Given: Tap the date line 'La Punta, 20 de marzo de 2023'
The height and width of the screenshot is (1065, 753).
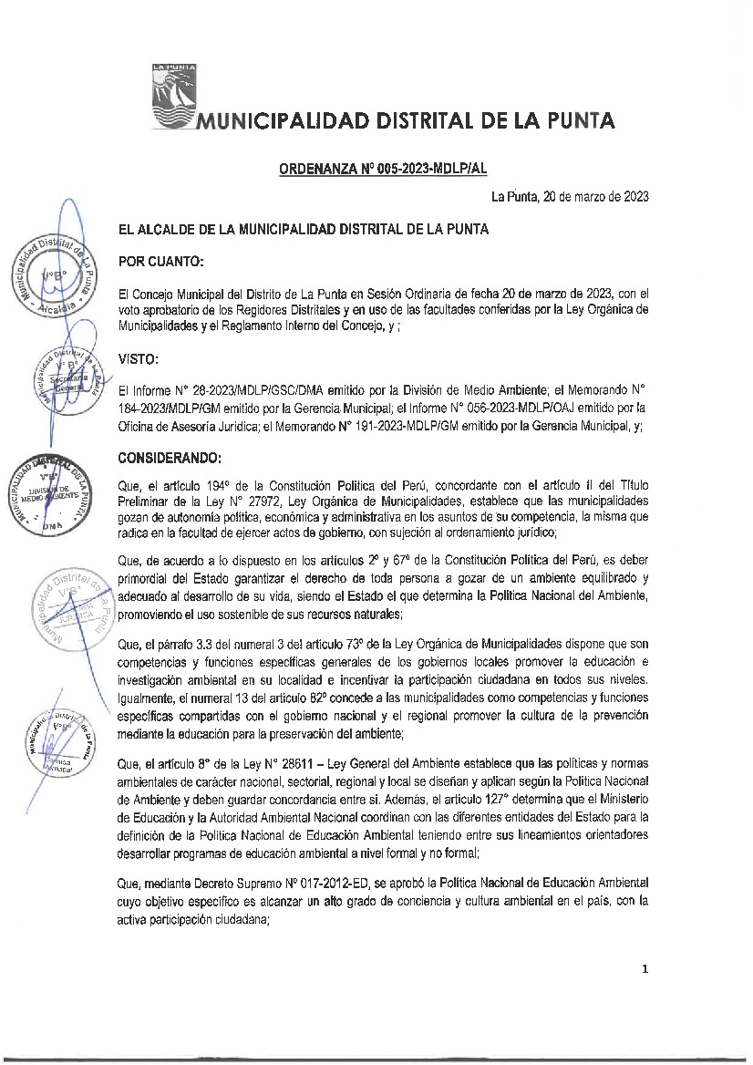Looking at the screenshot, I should click(569, 196).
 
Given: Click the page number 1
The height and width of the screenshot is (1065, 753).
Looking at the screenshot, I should click(644, 969).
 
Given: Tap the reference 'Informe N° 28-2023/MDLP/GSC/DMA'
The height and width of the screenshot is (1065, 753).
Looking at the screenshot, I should click(216, 389).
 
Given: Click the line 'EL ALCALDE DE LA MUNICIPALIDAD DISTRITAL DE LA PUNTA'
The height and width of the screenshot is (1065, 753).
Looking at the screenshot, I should click(304, 230).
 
